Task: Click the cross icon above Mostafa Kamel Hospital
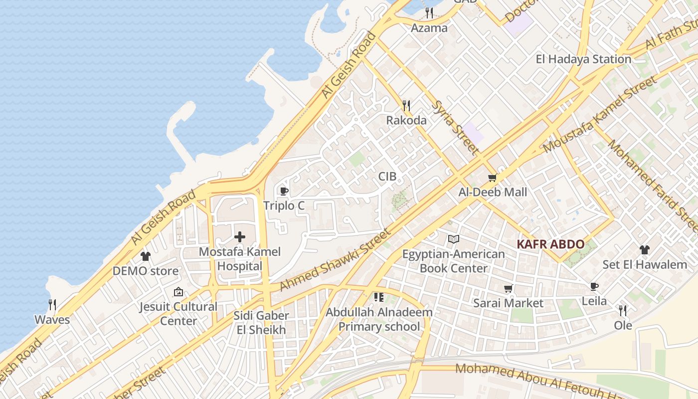click(x=240, y=237)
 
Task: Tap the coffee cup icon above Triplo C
click(x=284, y=191)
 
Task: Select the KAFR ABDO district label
click(x=550, y=244)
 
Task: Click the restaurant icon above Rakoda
click(x=406, y=105)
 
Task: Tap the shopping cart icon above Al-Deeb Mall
click(x=493, y=178)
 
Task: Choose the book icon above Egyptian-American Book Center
click(x=453, y=239)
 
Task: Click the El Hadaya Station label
click(x=583, y=59)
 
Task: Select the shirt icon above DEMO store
click(x=145, y=256)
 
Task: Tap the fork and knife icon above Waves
click(x=52, y=304)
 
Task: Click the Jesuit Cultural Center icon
click(x=178, y=292)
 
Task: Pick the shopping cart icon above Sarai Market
click(x=508, y=288)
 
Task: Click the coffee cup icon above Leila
click(x=594, y=286)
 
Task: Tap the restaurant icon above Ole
click(x=622, y=311)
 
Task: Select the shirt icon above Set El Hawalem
click(x=644, y=249)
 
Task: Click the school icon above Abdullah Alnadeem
click(x=379, y=298)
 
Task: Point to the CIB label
click(x=387, y=176)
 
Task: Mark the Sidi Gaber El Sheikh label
click(x=261, y=323)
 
